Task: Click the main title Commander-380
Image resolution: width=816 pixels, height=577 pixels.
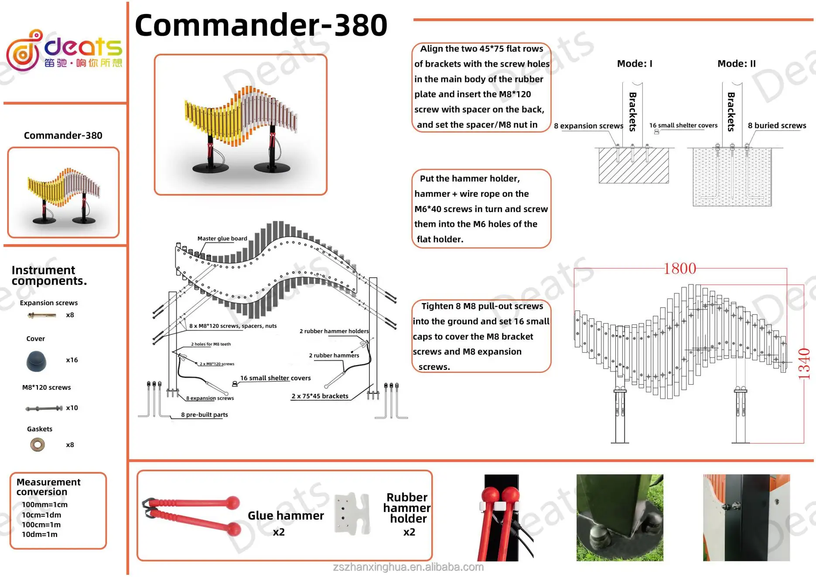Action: [261, 25]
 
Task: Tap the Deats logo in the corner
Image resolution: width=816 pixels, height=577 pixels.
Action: [64, 50]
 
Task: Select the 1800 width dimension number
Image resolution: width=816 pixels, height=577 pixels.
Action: [679, 269]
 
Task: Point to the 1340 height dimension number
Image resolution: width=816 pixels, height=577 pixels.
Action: [804, 363]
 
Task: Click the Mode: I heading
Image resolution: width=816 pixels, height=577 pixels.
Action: [635, 64]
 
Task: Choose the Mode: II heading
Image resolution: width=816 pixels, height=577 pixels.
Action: [737, 64]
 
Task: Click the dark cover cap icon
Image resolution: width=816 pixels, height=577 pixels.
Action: [36, 361]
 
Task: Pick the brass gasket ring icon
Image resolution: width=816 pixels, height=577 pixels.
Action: [38, 445]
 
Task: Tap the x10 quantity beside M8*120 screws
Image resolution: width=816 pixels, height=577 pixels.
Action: [72, 408]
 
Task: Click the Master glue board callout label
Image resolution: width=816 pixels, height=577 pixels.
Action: [222, 239]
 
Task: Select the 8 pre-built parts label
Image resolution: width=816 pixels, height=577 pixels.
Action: [205, 415]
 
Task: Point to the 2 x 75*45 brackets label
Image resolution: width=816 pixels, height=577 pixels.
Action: [320, 396]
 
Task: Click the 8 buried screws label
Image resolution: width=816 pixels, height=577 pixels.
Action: [777, 126]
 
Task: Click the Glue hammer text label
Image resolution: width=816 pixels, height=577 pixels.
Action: [286, 516]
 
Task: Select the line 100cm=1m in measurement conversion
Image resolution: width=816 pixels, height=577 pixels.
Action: [41, 525]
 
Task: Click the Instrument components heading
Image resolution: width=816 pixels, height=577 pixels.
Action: [49, 275]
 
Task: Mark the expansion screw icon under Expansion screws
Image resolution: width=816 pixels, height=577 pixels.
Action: [42, 315]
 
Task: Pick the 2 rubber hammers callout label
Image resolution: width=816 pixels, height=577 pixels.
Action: [334, 355]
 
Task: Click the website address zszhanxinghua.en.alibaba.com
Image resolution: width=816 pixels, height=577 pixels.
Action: [408, 567]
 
